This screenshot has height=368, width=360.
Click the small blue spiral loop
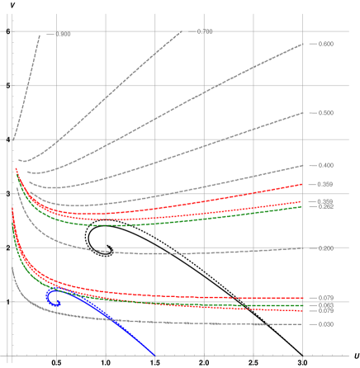coord(52,296)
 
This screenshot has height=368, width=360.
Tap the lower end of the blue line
coord(155,355)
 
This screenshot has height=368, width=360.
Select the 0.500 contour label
coord(325,112)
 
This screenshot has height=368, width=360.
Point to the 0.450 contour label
coord(325,165)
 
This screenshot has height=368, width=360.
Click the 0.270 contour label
coord(325,297)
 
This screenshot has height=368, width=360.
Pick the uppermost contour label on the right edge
coord(325,44)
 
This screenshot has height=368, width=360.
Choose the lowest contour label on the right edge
coord(325,324)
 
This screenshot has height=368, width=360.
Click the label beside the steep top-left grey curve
coord(63,35)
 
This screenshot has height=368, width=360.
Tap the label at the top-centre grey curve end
coord(204,32)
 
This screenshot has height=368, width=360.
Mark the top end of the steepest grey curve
coord(40,35)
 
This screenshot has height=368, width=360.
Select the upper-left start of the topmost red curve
coord(16,169)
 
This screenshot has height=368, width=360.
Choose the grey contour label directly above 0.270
coord(325,248)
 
